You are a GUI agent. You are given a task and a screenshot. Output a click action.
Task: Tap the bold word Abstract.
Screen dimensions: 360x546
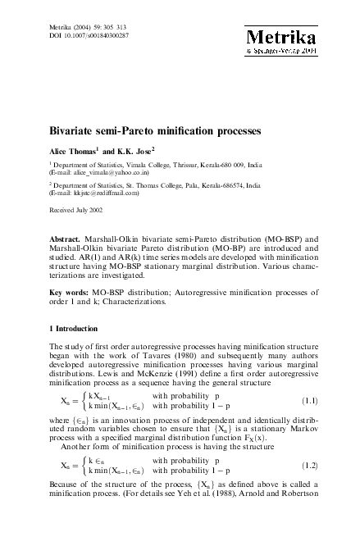tap(67, 242)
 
